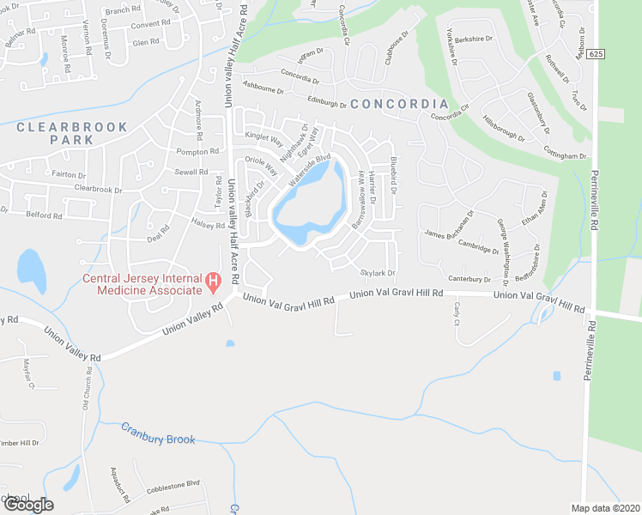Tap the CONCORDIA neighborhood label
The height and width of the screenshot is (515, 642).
click(x=399, y=104)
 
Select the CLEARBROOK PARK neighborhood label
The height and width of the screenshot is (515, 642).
click(x=72, y=133)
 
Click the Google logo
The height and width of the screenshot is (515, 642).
click(x=28, y=505)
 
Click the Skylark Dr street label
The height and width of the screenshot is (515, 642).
click(x=377, y=273)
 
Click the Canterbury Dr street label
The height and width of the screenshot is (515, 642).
click(x=469, y=279)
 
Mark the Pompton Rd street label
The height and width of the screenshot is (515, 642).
click(x=197, y=152)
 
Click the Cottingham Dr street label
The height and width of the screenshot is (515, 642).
click(x=564, y=156)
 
